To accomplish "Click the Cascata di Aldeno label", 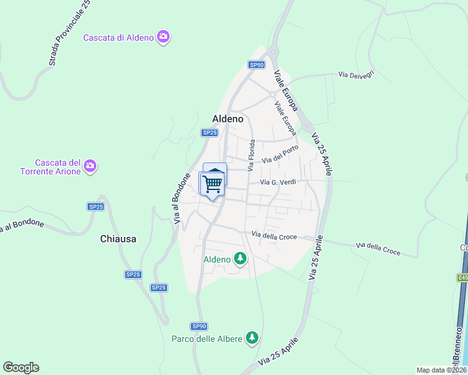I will pos(118,37).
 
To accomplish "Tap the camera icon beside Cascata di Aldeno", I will pos(163,37).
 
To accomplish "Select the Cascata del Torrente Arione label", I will pos(50,166).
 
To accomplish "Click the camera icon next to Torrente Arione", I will pos(91,166).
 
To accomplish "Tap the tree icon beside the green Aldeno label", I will pos(240,258).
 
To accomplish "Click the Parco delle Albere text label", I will pos(206,339).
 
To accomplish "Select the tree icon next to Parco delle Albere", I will pos(252,338).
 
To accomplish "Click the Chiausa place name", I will pos(118,239).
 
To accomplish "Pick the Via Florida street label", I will pos(252,156).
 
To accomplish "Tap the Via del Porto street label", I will pos(279,156).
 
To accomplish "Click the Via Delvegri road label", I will pos(356,74).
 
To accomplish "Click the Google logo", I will pos(21,367).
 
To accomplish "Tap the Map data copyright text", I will pos(440,370).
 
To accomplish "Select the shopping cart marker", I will pos(213,184).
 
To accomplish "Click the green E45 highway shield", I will pos(462,277).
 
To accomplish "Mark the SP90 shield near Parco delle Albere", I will pos(199,326).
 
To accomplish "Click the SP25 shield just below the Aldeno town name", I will pos(210,132).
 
